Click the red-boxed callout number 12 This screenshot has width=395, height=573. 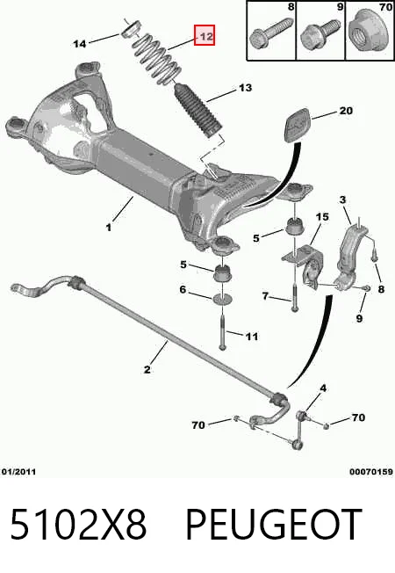(205, 35)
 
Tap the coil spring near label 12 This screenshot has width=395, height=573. (156, 60)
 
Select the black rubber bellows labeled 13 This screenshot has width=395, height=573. (197, 111)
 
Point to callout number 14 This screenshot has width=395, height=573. (80, 44)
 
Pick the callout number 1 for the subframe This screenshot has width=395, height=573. (109, 228)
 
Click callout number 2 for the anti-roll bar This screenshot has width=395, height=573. (147, 369)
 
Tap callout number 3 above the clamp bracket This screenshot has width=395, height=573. (342, 199)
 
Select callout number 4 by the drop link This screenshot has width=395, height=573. (323, 388)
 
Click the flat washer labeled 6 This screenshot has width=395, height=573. (222, 298)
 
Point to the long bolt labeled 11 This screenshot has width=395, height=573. (222, 331)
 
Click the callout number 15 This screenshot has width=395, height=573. (322, 217)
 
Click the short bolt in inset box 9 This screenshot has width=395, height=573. (318, 33)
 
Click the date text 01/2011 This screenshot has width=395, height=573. (18, 472)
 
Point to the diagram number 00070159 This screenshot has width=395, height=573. (371, 472)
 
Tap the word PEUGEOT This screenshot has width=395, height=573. (274, 525)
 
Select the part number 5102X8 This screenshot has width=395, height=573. (78, 525)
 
